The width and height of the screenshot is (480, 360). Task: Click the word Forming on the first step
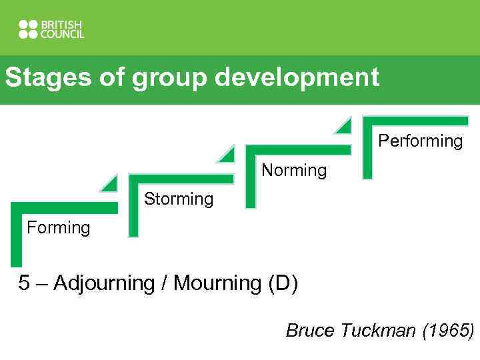pos(58,228)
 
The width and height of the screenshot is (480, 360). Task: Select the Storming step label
pos(179,199)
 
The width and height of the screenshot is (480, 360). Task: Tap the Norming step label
pos(294,171)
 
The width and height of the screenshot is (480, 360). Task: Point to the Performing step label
pos(420,141)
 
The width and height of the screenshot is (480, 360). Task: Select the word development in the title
pos(297,78)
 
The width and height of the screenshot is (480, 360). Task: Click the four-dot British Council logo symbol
pos(29,29)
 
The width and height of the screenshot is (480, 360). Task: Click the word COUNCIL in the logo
pos(63,34)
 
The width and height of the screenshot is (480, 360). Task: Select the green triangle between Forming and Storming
pos(109,183)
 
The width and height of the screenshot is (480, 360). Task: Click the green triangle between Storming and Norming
pos(227,154)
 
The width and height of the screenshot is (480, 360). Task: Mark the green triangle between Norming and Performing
pos(343,125)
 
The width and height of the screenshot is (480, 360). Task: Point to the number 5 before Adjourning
pos(24,283)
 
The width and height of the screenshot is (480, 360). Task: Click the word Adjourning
pos(104,284)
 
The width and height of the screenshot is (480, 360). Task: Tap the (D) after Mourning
pos(283,283)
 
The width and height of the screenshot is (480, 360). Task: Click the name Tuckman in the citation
pos(379,330)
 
